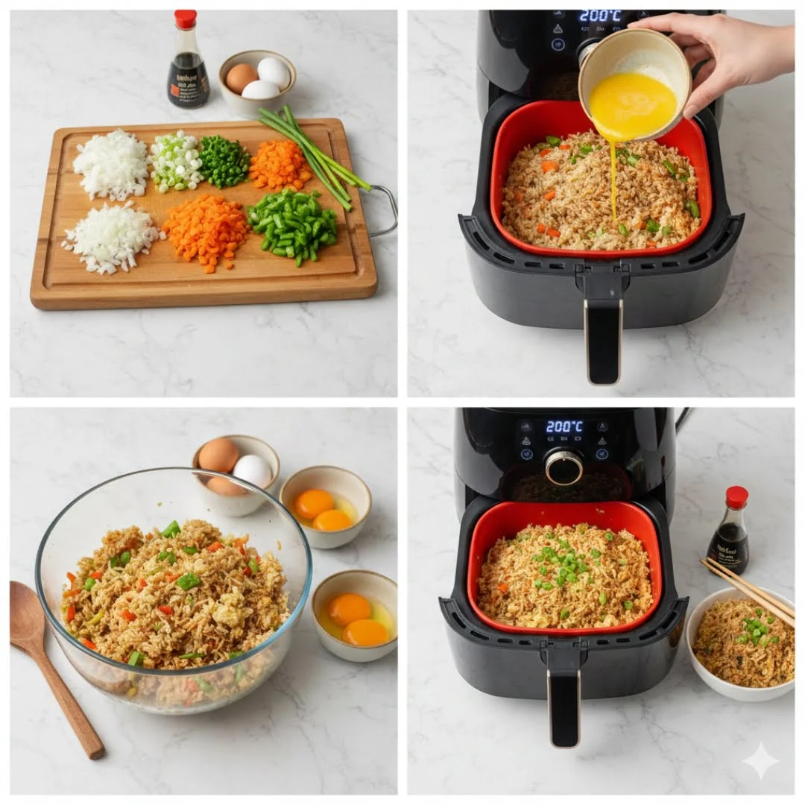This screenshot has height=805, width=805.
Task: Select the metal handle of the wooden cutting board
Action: (385, 210)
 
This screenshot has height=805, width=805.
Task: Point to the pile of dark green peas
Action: (223, 160)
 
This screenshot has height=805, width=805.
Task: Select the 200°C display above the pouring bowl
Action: (600, 16)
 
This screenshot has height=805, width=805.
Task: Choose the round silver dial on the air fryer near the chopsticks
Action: (563, 467)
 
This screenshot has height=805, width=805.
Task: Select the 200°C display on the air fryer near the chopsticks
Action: (564, 427)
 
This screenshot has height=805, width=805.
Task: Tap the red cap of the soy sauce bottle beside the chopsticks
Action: (736, 496)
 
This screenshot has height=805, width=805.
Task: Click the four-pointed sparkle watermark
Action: (760, 760)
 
